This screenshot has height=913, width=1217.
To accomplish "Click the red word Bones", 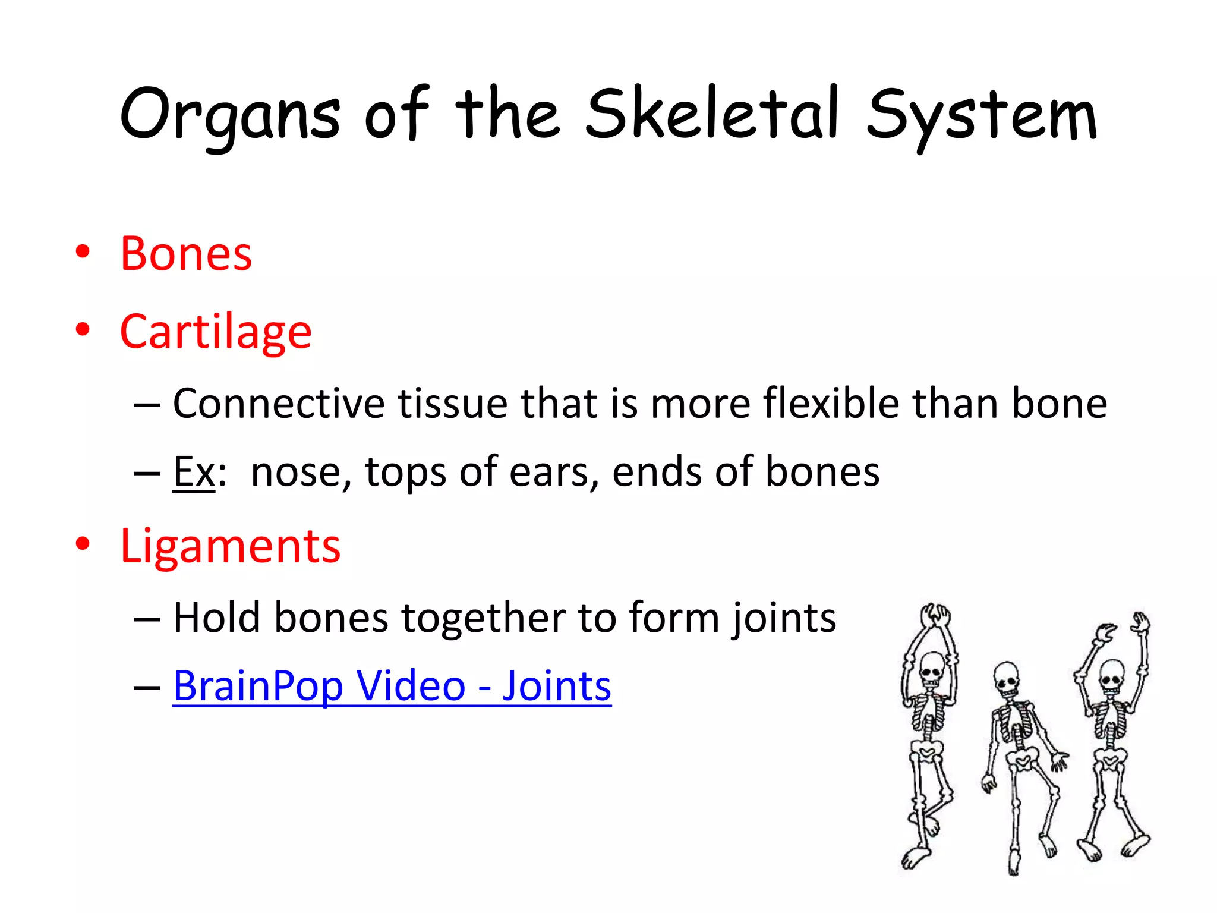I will tap(186, 254).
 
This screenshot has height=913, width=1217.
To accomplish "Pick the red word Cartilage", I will tap(216, 332).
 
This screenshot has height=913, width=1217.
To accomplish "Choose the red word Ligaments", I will tap(230, 546).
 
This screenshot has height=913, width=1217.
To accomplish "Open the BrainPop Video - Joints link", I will tap(392, 686).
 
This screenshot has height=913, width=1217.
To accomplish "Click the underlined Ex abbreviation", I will tap(194, 472).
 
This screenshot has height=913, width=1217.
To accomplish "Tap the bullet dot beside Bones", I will tap(83, 251).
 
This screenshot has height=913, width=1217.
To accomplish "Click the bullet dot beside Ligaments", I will tap(83, 543).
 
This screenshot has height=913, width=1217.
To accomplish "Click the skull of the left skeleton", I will tap(931, 669).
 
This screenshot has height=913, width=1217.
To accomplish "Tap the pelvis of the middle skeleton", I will tap(1022, 760).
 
